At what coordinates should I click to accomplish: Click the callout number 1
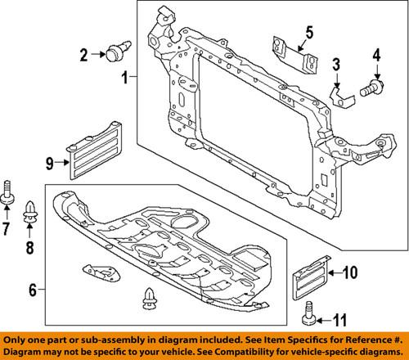126,79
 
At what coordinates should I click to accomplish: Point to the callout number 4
377,56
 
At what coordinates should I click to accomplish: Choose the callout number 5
309,34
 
